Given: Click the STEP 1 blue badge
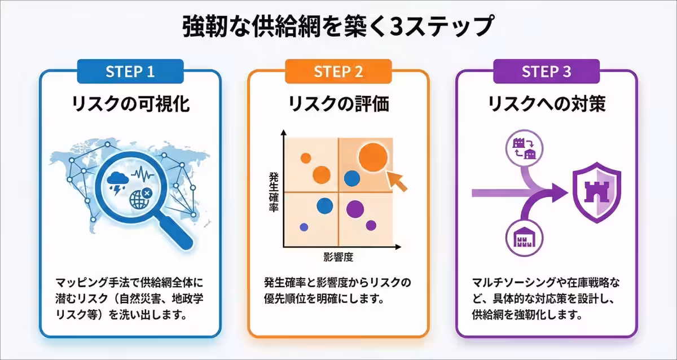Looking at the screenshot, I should click(130, 72).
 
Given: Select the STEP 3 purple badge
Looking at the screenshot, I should click(546, 72).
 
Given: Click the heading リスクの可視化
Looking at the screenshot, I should click(130, 104).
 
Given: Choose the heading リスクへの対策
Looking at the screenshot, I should click(546, 104).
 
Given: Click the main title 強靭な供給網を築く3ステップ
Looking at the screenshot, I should click(338, 27).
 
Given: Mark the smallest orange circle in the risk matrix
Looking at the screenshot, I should click(305, 158).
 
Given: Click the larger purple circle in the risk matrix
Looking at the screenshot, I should click(355, 209).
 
